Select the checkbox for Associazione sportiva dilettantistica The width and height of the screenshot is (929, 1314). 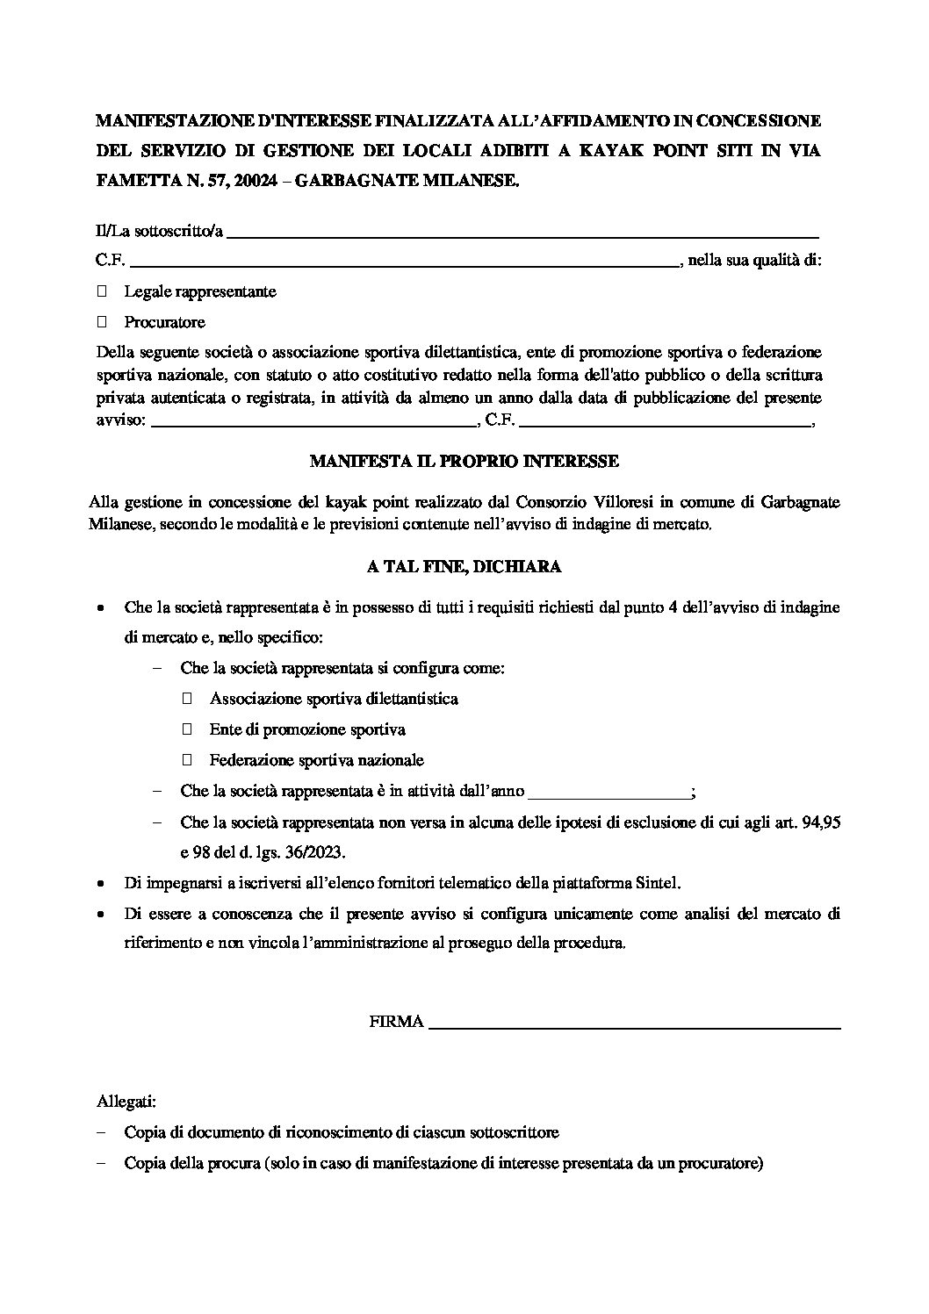coord(187,699)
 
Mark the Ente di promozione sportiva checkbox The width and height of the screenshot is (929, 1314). coord(187,729)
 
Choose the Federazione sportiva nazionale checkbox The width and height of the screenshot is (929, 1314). coord(187,760)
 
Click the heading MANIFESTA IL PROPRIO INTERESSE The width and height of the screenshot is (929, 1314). coord(464,461)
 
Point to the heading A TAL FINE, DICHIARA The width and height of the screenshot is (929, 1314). coord(464,567)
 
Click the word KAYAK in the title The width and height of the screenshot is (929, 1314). coord(614,151)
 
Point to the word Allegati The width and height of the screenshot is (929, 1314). coord(126,1101)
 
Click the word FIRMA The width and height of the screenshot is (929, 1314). coord(397,1022)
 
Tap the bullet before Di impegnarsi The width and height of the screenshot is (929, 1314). coord(102,883)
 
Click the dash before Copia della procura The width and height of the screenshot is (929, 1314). coord(102,1164)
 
